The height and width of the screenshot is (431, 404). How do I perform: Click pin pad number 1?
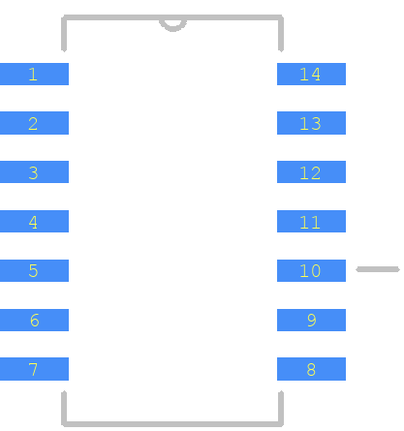[x=34, y=74]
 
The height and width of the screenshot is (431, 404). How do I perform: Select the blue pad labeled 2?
[x=34, y=123]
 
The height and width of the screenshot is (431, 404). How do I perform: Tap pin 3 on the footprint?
[x=34, y=171]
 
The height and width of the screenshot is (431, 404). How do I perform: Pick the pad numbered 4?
[x=34, y=221]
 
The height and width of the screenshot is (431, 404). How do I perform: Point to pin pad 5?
[x=34, y=270]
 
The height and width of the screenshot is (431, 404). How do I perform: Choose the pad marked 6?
[x=34, y=320]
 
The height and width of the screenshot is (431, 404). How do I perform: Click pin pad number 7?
[x=34, y=369]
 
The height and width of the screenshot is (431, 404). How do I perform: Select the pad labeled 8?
[x=311, y=369]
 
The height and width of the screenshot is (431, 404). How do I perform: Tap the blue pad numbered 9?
[x=311, y=320]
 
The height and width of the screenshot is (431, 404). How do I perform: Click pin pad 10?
[x=311, y=270]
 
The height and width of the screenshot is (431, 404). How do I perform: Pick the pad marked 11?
[x=311, y=221]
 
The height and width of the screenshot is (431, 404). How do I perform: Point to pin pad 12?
[x=311, y=171]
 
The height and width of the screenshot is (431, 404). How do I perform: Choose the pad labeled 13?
[x=311, y=123]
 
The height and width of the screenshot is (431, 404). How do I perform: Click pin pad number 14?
[x=311, y=74]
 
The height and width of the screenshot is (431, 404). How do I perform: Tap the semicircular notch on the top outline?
[x=172, y=29]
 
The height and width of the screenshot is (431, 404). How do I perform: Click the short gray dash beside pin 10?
[x=378, y=269]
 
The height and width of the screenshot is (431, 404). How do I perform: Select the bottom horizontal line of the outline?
[x=172, y=424]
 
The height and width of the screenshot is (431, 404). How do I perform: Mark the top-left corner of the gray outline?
[x=64, y=17]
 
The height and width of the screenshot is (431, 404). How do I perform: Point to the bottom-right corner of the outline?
[x=281, y=424]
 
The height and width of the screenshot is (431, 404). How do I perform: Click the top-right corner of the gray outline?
[x=281, y=17]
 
